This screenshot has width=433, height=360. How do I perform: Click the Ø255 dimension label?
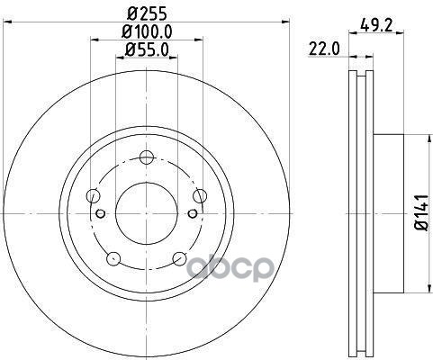147,13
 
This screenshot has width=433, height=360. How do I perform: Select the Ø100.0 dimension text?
147,31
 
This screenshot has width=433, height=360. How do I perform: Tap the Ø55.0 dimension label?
147,49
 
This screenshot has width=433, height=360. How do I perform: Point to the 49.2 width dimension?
376,25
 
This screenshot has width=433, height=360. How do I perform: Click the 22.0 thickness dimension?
324,49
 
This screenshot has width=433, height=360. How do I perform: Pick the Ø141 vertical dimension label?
422,213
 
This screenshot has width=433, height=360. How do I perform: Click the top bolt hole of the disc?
147,157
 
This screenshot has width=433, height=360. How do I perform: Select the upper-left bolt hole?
93,196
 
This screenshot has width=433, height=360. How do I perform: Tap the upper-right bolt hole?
200,196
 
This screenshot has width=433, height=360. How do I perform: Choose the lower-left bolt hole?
113,258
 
